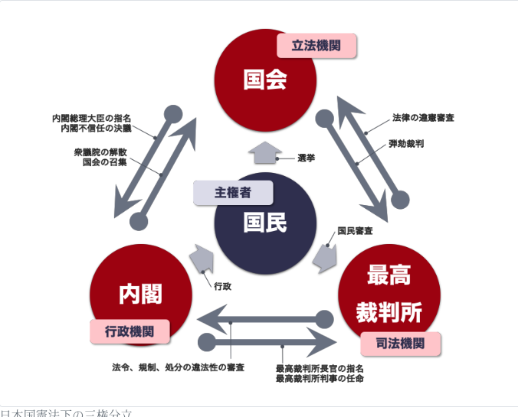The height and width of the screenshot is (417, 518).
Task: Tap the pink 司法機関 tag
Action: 401,344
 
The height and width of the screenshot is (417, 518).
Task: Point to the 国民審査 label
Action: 356,230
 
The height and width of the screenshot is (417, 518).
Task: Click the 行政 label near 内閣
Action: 223,286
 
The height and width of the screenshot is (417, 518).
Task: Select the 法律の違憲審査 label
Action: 423,119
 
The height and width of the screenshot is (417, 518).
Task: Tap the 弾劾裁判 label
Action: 407,143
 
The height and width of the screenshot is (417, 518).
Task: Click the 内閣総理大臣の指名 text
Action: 92,119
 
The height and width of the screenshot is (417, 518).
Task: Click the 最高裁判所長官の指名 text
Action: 320,368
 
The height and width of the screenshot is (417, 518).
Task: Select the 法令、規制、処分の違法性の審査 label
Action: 179,368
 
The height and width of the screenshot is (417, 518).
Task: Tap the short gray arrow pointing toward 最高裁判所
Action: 326,259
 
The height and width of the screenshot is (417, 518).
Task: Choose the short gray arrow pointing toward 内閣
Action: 201,259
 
